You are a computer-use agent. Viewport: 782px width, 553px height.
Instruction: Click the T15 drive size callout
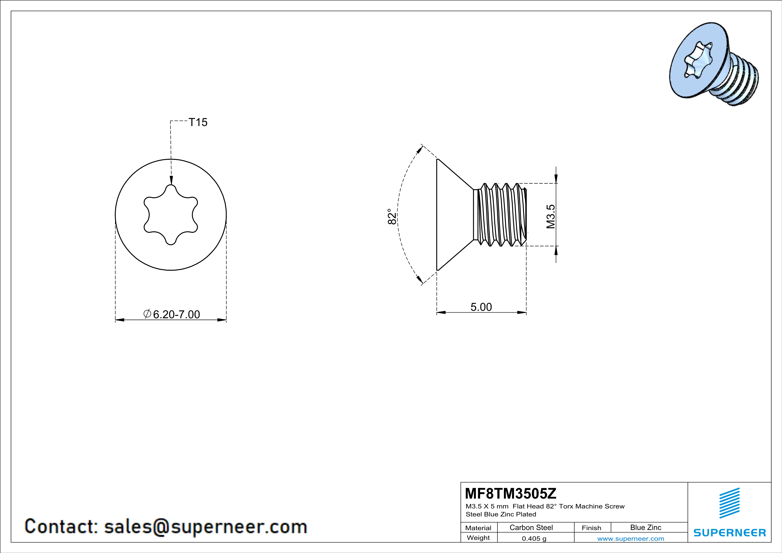198,122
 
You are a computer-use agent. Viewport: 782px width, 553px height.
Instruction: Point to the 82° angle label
392,217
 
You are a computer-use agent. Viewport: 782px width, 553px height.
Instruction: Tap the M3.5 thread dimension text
550,217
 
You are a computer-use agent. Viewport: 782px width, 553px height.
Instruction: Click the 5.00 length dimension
481,307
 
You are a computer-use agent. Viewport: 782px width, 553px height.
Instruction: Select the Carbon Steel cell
531,527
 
